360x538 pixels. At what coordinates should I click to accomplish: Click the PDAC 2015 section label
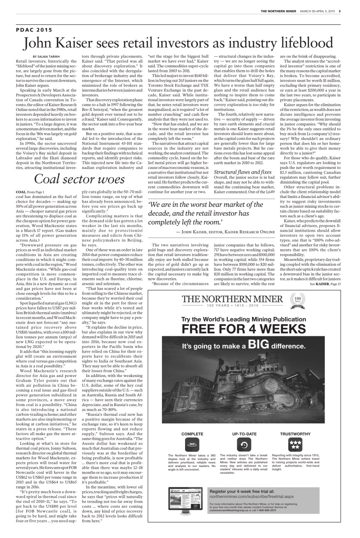[34, 30]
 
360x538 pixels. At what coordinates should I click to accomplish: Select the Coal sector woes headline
[79, 179]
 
